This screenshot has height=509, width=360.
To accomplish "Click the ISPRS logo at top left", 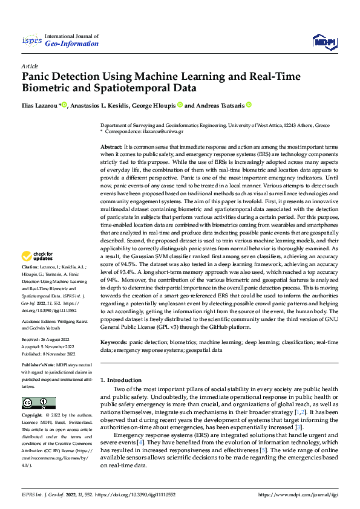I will [31, 41].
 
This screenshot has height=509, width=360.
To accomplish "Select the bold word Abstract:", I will [111, 148].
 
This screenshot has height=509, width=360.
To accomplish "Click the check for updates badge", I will [37, 273].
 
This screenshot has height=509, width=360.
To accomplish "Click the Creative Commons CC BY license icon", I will [38, 403].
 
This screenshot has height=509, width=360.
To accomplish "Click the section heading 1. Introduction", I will [120, 380].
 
